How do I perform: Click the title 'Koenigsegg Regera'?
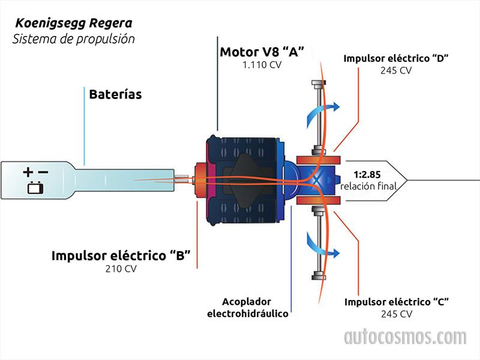(x=74, y=24)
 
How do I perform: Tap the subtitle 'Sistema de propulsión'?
(x=74, y=39)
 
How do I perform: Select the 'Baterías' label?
(x=115, y=94)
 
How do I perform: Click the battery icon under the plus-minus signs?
(x=35, y=188)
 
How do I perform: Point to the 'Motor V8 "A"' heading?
(x=262, y=52)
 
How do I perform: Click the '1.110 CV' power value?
(x=262, y=65)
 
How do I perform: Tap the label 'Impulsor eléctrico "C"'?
(x=397, y=301)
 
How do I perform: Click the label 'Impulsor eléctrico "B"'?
(x=121, y=256)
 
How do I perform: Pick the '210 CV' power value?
(x=121, y=269)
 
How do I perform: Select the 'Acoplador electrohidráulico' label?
(x=247, y=307)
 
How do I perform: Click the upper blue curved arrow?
(x=324, y=108)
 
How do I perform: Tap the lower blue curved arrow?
(x=323, y=244)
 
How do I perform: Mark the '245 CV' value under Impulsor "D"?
(x=396, y=70)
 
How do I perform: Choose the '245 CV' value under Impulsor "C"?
(x=397, y=314)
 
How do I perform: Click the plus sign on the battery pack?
(x=28, y=173)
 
